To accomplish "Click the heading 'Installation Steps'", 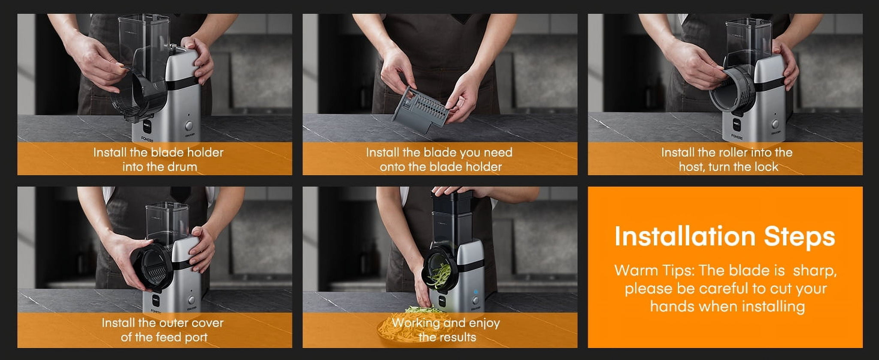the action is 725,236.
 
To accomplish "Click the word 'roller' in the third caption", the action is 736,152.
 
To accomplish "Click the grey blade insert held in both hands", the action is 420,109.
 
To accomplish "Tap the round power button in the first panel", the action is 188,125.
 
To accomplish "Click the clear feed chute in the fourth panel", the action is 167,222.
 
